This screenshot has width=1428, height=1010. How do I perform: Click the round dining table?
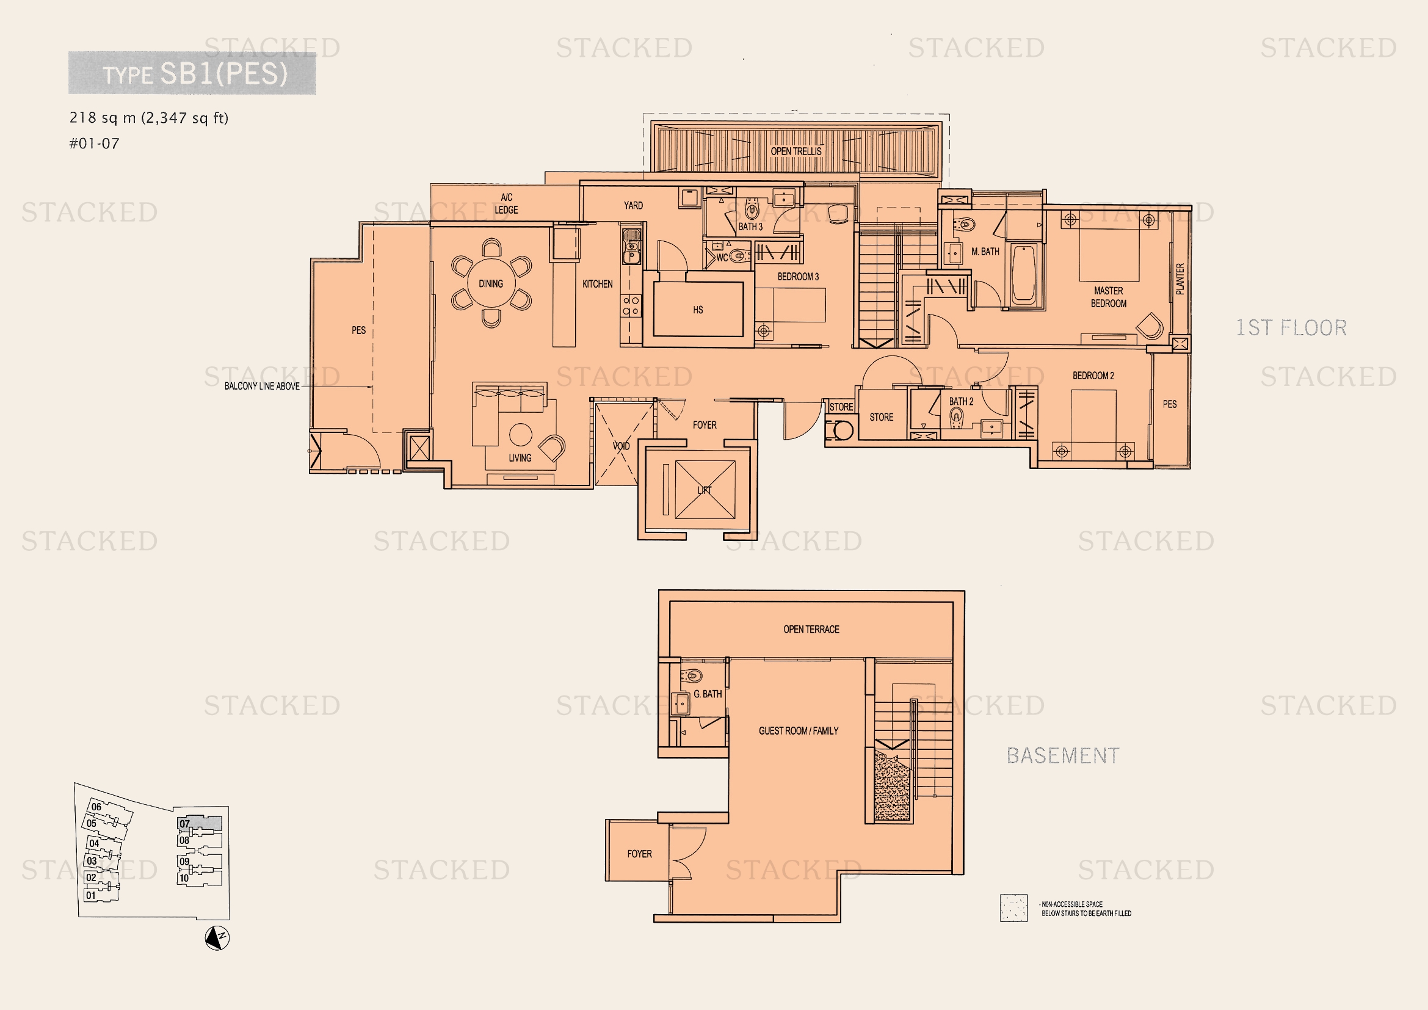coord(491,283)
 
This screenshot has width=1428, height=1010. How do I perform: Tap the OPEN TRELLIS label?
coord(796,151)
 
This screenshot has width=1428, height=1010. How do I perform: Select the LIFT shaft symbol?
coord(705,490)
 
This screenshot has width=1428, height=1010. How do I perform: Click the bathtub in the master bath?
coord(1023,275)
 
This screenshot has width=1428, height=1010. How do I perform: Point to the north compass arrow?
coord(217,938)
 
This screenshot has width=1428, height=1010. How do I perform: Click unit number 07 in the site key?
coord(185,823)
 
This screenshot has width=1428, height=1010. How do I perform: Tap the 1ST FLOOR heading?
coord(1291,328)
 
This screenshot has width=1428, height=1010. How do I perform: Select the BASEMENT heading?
coord(1063,755)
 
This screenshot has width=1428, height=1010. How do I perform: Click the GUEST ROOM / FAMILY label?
coord(799,731)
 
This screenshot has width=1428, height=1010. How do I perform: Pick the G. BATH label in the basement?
coord(708,694)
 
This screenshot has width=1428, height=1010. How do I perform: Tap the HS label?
coord(698,310)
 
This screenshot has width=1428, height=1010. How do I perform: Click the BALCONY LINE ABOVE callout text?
coord(262,386)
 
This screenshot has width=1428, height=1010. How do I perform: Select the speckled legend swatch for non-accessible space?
coord(1014,908)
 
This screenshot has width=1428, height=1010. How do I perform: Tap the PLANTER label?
coord(1180,278)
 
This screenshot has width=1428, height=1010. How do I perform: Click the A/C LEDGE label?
coord(506,203)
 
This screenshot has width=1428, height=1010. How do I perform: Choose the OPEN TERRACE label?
coord(811,630)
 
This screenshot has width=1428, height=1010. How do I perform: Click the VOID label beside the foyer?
coord(622,446)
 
